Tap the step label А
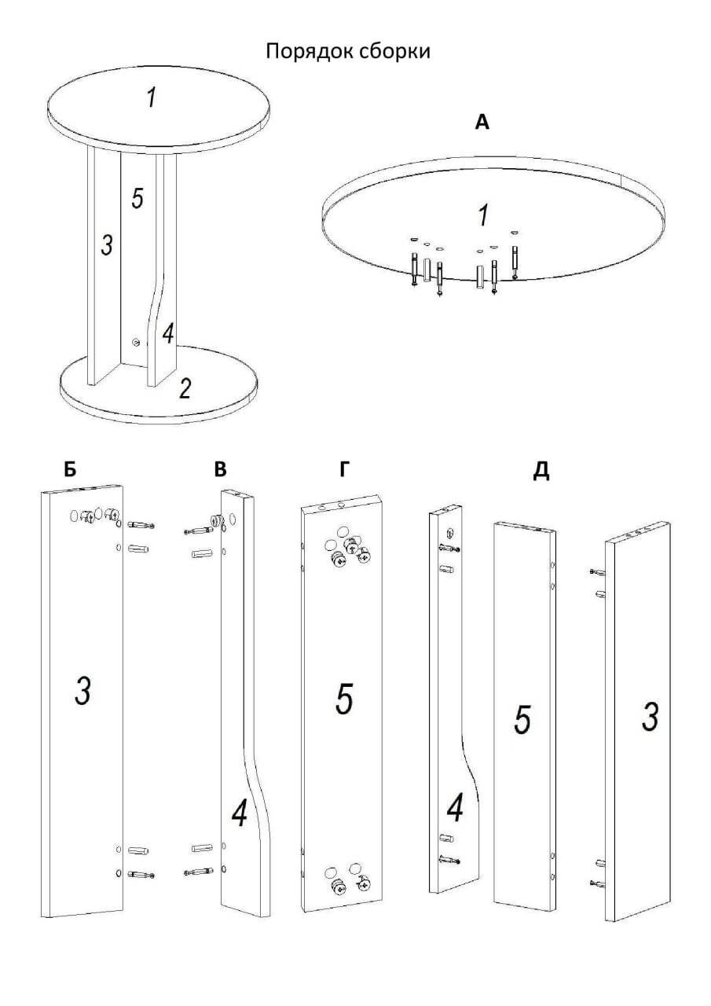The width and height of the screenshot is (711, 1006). click(x=482, y=122)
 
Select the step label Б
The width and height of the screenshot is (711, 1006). click(x=71, y=470)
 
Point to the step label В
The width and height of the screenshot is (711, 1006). click(x=220, y=470)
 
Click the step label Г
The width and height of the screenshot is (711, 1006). click(x=343, y=470)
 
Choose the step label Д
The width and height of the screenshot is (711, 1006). click(x=541, y=471)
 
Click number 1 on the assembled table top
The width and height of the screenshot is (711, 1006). click(x=151, y=98)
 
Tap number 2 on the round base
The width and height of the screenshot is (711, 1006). click(x=185, y=388)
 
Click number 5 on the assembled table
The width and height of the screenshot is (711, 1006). click(x=137, y=199)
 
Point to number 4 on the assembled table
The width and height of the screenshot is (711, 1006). click(x=167, y=334)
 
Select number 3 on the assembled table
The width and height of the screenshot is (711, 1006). click(x=107, y=246)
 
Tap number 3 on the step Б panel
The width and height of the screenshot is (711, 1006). click(x=82, y=692)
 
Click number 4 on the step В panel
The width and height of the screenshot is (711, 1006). click(x=240, y=815)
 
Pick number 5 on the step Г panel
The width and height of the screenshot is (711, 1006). click(x=343, y=699)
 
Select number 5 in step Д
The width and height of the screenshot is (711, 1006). click(x=522, y=720)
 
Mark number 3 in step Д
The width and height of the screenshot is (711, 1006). click(x=650, y=717)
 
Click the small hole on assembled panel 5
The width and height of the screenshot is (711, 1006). click(x=137, y=342)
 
